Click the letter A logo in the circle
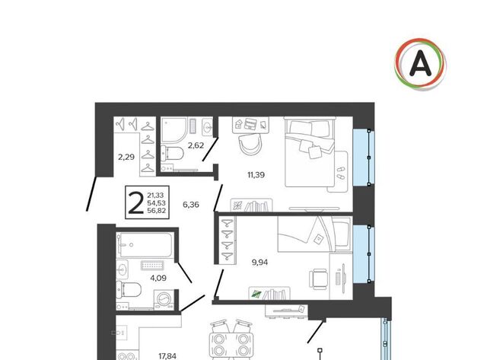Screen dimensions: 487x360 coord(420,64)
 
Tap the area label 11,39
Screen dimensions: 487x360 coord(256,175)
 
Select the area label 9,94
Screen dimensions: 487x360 coord(259,263)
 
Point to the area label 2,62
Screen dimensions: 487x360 coord(196,145)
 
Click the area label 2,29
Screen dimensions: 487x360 coord(126,157)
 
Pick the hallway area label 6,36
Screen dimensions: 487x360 coord(191,205)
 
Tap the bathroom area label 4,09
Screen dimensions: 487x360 coord(158,278)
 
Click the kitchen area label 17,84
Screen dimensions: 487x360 coord(167,356)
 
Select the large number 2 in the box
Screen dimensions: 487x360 coord(135,202)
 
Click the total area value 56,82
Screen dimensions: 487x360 coord(157,211)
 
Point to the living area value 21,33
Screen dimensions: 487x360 coord(155,195)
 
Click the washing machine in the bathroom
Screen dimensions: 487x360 coord(164,300)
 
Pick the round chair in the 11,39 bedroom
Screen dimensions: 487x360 coord(251,145)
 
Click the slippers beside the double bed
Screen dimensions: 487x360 coord(341,173)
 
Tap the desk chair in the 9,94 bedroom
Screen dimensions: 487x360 coord(318,279)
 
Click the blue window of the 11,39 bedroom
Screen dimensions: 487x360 coord(364,157)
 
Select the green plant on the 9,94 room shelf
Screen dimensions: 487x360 coord(256,294)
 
